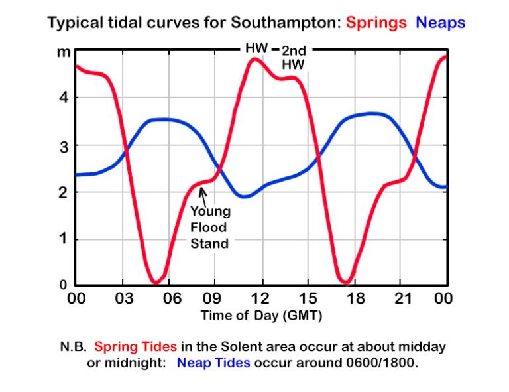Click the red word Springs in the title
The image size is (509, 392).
click(x=376, y=23)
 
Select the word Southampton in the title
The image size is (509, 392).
click(x=285, y=23)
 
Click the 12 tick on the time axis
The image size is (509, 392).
click(x=260, y=299)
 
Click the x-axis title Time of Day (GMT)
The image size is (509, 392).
click(x=261, y=316)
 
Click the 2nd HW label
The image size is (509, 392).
click(x=292, y=58)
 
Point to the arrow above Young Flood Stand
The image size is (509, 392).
click(x=203, y=196)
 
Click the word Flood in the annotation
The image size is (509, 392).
click(x=210, y=228)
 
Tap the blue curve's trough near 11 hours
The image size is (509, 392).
click(x=245, y=196)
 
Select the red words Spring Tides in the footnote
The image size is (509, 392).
click(x=135, y=347)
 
